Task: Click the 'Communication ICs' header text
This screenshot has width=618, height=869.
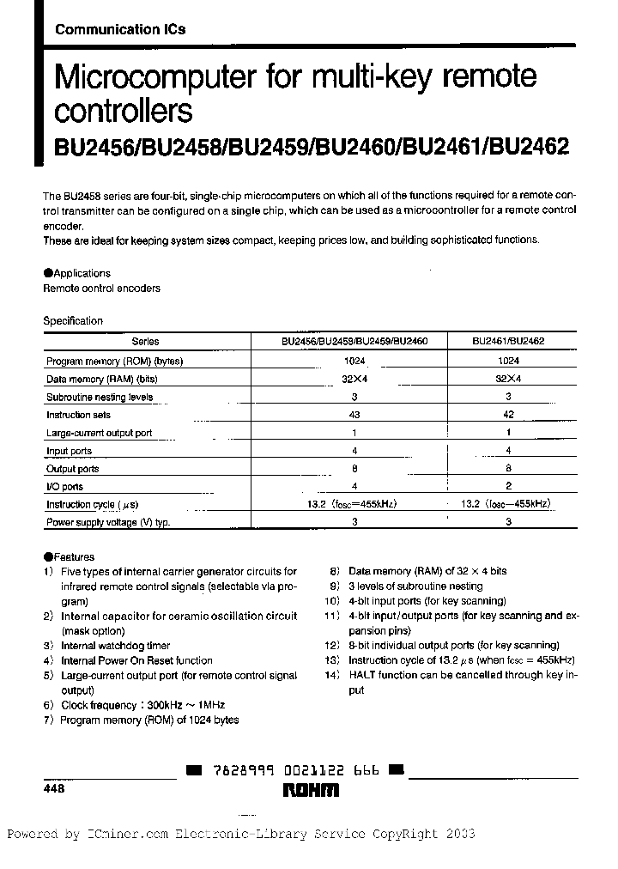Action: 120,29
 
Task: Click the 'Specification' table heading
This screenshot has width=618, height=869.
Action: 73,320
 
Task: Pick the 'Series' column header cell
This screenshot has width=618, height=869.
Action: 145,341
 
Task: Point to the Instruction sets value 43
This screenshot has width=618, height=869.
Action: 354,415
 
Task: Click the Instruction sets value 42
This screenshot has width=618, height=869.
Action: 510,415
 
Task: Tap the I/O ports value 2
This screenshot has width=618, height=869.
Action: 510,487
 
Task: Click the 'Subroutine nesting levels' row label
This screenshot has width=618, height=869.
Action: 100,397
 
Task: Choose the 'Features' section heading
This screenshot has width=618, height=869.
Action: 74,556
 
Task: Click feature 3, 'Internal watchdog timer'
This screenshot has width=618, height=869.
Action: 115,646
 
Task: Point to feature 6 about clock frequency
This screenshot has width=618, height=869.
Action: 136,705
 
